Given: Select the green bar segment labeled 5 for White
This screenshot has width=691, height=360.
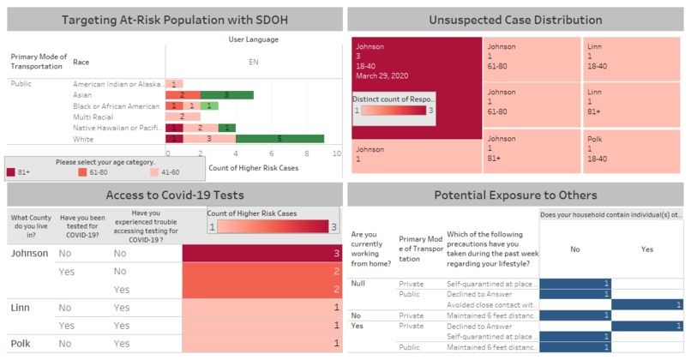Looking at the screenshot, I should [279, 138].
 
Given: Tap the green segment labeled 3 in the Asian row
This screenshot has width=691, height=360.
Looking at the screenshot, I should [226, 95].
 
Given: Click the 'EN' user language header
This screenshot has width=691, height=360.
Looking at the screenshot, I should [254, 62].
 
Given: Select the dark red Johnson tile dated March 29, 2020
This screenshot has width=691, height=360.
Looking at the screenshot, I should [416, 86].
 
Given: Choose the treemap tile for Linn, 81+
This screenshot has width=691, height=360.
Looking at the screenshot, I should [633, 106].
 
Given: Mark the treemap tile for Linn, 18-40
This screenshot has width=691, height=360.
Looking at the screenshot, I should [633, 59].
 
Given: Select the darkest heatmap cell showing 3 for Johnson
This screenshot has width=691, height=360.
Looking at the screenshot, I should [266, 254].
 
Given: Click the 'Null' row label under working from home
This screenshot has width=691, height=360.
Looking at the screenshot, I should [361, 283].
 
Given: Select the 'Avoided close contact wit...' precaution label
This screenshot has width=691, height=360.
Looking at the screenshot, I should [491, 304].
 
